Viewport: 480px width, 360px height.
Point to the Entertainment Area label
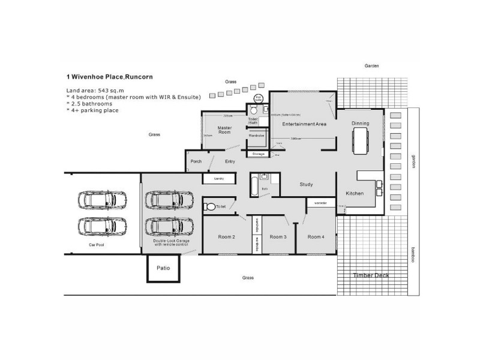tap(304, 124)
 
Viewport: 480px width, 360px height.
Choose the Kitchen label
tap(355, 193)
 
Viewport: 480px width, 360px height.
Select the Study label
tap(306, 184)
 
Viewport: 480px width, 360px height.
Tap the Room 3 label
tap(277, 237)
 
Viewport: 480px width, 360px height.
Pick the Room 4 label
tap(316, 237)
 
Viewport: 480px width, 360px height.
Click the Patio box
tap(163, 268)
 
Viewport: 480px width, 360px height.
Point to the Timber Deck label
tap(371, 275)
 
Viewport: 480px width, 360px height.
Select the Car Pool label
tap(97, 245)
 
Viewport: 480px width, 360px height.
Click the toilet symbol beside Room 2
tap(209, 207)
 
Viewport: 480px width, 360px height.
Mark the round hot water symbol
tap(258, 98)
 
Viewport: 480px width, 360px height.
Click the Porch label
tap(196, 161)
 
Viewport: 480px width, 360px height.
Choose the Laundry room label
tap(219, 179)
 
